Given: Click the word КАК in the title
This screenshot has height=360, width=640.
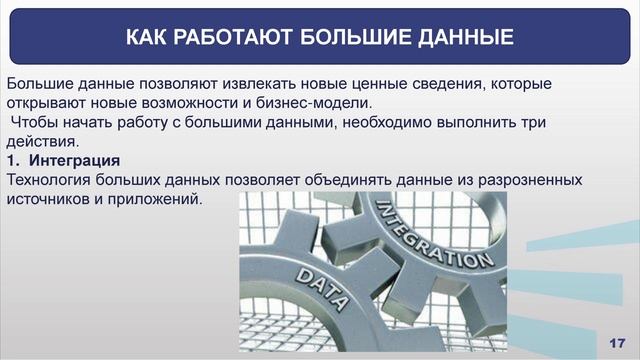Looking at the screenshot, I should pyautogui.click(x=148, y=38).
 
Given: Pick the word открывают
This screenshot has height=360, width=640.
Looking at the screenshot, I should pyautogui.click(x=45, y=103).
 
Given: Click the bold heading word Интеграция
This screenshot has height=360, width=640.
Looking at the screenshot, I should pyautogui.click(x=75, y=160).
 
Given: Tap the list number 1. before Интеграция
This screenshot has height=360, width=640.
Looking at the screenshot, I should pyautogui.click(x=13, y=160).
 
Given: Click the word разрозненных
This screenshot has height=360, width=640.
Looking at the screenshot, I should pyautogui.click(x=531, y=179).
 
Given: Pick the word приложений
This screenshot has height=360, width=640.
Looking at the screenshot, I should pyautogui.click(x=155, y=198).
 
